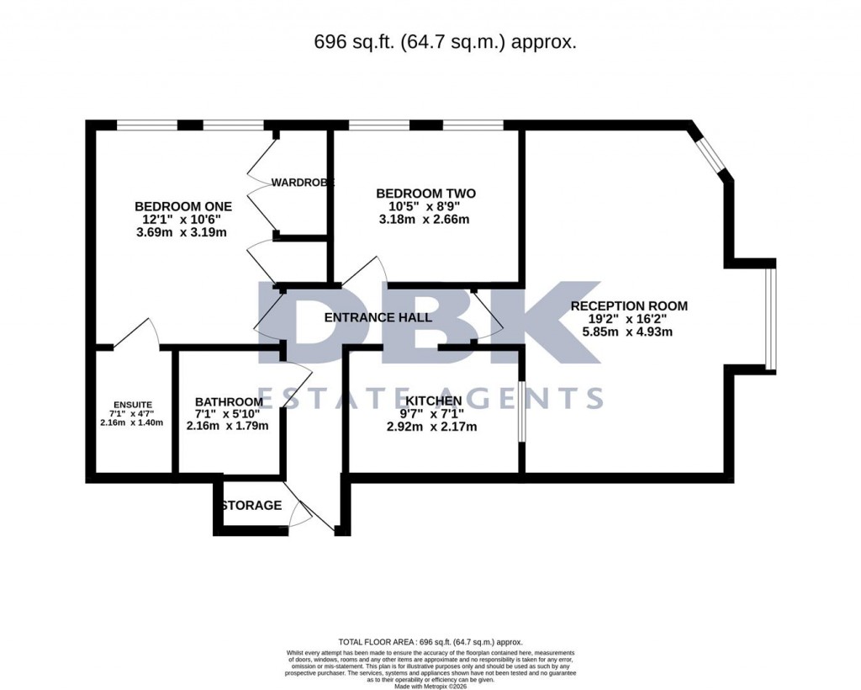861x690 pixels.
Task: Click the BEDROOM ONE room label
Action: point(183,206)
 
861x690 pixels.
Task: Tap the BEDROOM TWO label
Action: point(419,193)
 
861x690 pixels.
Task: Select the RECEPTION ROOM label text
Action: point(629,306)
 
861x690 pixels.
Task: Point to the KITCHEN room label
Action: point(433,401)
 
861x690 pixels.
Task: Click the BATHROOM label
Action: point(229,401)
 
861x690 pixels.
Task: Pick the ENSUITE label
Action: point(133,404)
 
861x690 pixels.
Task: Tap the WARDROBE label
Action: point(303,183)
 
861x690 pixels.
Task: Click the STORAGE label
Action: point(251,506)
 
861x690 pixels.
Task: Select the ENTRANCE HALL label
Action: point(378,317)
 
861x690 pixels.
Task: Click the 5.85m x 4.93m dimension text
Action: point(629,332)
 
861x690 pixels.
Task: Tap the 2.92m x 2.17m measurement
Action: point(433,427)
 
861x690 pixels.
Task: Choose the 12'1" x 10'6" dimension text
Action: point(182,219)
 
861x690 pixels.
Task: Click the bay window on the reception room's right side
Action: point(770,319)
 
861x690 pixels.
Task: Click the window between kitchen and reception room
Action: point(521,412)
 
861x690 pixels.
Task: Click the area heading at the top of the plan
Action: point(445,41)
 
